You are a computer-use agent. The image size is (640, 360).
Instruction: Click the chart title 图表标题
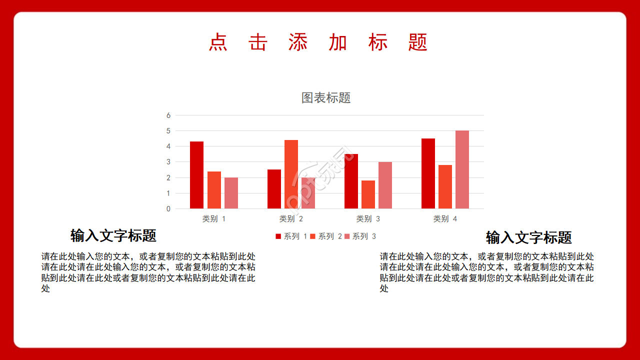326,97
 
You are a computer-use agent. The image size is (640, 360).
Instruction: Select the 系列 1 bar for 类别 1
196,175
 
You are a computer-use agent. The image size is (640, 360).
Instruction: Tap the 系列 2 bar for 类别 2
291,174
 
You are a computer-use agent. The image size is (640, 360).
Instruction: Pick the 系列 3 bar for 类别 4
462,169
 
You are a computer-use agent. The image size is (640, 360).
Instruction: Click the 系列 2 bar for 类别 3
368,194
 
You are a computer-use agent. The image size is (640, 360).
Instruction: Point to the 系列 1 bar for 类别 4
428,173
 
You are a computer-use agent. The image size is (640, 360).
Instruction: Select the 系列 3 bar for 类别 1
231,193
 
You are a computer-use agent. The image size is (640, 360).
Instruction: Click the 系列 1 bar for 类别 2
274,189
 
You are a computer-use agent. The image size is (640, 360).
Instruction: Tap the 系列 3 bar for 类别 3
385,185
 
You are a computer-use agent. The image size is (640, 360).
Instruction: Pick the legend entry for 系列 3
360,236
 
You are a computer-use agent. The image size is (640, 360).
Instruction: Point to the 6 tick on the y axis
168,115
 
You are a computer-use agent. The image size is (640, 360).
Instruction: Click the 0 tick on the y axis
168,208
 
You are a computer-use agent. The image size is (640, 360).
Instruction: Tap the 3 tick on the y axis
168,162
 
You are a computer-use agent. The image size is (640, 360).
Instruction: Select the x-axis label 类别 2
291,219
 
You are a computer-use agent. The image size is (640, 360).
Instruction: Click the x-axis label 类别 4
445,219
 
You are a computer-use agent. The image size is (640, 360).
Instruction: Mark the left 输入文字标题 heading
113,235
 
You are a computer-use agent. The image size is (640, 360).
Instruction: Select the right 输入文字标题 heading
528,237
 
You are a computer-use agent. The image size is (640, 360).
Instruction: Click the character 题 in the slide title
418,42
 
